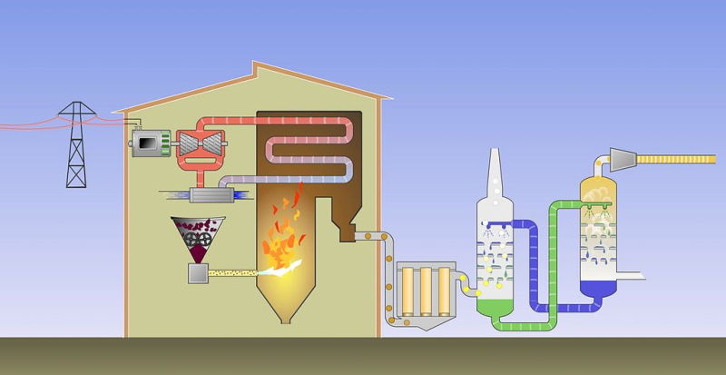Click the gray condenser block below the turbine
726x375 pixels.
tap(211, 195)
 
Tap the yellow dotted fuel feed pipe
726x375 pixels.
tap(237, 271)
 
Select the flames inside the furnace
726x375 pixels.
tap(283, 236)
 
